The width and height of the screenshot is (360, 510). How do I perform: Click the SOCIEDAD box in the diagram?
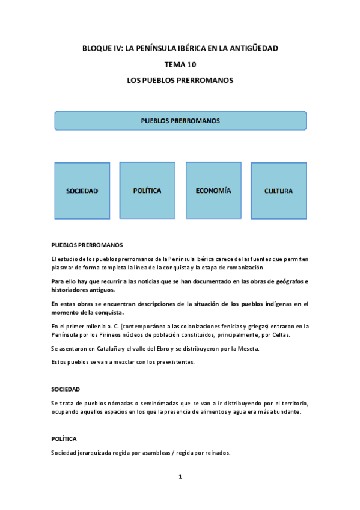point(82,191)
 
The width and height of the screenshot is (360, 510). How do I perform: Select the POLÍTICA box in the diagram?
point(147,190)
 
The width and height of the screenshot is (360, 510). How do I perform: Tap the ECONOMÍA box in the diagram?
point(213,190)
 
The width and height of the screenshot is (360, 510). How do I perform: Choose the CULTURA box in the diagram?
point(278,191)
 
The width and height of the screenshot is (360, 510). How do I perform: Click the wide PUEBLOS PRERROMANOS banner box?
point(180,120)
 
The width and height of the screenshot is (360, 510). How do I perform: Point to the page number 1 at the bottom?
point(180,476)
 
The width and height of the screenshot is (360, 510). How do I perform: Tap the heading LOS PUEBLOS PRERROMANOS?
point(180,79)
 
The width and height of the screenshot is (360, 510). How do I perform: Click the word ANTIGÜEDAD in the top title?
point(255,48)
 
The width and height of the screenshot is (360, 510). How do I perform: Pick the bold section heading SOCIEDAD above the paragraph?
point(66,389)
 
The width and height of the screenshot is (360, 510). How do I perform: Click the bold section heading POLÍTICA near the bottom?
point(64,439)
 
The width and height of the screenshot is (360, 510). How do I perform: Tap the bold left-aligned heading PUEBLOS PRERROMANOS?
point(87,245)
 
